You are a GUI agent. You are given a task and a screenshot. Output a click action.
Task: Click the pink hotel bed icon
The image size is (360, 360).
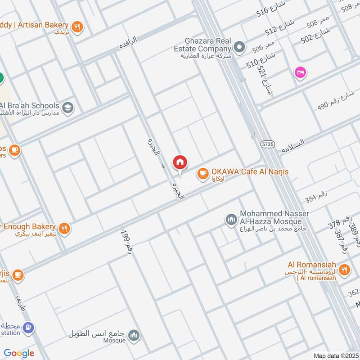[x=300, y=72]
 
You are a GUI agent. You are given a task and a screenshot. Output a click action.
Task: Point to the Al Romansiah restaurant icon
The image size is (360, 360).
[x=345, y=270]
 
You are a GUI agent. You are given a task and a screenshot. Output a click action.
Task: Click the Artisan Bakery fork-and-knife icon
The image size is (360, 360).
[x=78, y=27]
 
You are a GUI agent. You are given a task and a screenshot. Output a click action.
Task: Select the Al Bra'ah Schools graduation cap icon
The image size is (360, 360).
[x=67, y=108]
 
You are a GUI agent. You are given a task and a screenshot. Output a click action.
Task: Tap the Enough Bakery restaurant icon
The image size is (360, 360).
[x=64, y=229]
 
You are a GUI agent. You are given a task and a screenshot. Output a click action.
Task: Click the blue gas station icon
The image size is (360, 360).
[x=28, y=328]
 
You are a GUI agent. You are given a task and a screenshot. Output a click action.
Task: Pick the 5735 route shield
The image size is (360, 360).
[x=267, y=144]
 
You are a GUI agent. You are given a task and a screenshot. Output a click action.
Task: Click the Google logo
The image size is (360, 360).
[x=19, y=353]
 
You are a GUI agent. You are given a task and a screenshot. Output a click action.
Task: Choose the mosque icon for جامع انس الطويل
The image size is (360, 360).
[x=134, y=335]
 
